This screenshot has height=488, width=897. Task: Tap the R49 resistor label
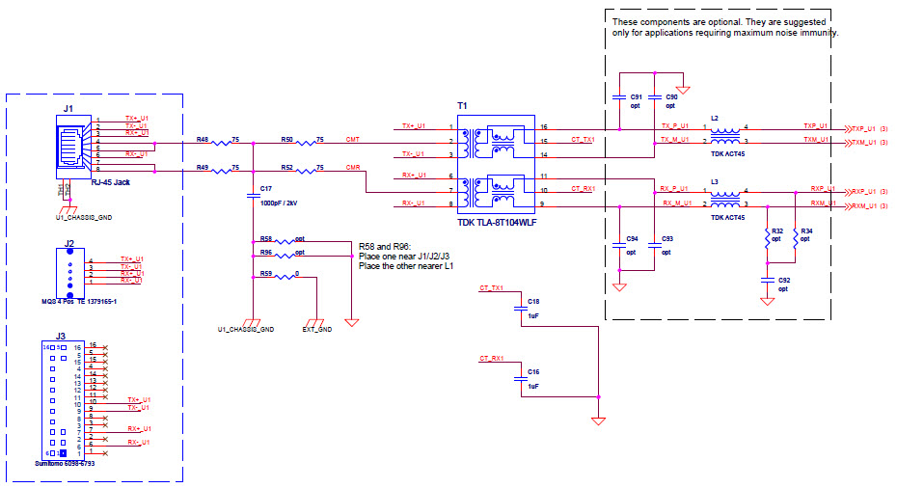[203, 168]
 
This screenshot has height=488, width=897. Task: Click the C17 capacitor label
[266, 188]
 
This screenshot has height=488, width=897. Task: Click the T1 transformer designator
[462, 103]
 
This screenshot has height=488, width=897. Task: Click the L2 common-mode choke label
[714, 118]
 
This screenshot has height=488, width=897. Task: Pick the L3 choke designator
[714, 181]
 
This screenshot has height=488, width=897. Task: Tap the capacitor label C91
[636, 97]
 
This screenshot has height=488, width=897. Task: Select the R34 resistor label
[806, 230]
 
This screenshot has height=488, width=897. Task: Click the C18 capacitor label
[533, 302]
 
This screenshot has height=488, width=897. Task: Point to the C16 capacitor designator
[533, 371]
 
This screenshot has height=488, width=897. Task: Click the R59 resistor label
[266, 275]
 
